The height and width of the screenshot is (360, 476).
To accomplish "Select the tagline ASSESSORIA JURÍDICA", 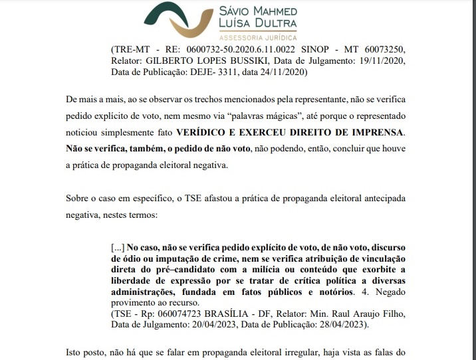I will point(258,37).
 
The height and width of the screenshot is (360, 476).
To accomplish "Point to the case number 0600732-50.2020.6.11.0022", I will point(245,50).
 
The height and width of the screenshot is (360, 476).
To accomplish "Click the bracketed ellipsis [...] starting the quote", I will point(117,247).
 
